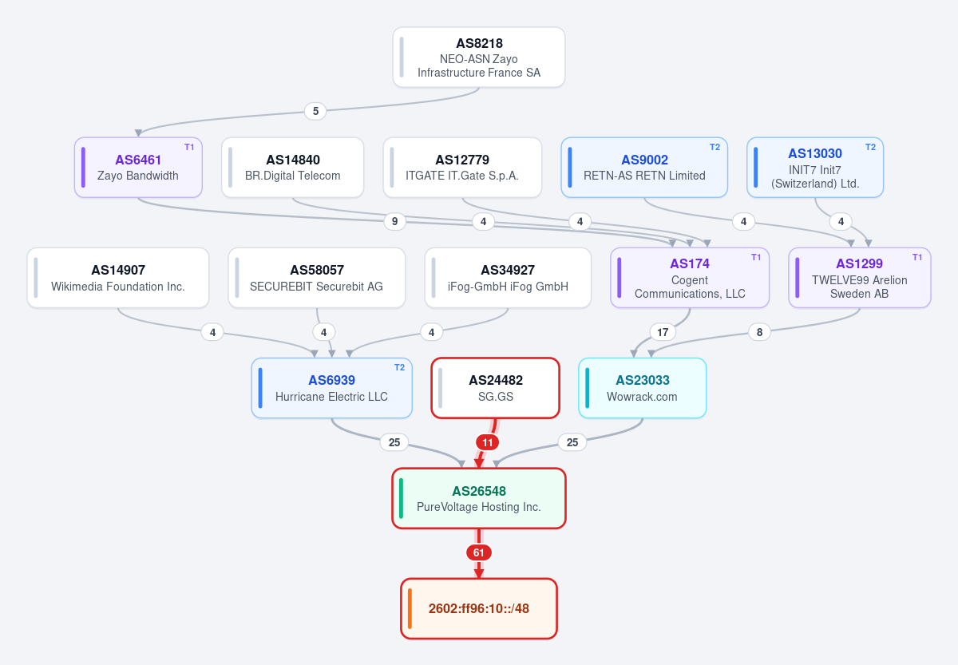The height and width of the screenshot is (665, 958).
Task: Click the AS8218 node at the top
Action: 478,57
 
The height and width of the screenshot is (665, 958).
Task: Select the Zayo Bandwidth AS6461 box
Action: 138,167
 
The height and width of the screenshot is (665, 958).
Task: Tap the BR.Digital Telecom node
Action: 292,167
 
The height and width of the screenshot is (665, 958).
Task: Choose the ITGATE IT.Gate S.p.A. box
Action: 462,167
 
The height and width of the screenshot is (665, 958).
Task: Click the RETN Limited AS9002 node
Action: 644,167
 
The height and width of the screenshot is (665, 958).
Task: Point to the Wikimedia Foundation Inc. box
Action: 118,278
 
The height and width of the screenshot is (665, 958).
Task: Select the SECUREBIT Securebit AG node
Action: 316,278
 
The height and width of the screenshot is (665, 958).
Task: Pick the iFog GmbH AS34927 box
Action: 508,278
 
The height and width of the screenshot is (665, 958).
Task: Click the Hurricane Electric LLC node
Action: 331,388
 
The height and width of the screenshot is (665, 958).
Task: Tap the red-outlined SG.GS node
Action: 495,388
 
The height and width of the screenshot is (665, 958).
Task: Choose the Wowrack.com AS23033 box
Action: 642,388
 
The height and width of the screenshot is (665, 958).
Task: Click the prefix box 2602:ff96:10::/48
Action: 478,608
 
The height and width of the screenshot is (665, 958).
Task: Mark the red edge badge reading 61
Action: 478,552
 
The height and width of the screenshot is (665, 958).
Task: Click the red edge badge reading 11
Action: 488,442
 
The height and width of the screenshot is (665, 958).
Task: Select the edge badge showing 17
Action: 663,332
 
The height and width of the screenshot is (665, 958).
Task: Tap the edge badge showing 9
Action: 394,221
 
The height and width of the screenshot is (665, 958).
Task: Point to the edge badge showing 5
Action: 315,111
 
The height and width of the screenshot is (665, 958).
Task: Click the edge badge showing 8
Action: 759,332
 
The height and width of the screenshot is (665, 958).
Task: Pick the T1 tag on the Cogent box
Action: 756,257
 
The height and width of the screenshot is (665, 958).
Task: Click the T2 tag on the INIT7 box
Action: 870,147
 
